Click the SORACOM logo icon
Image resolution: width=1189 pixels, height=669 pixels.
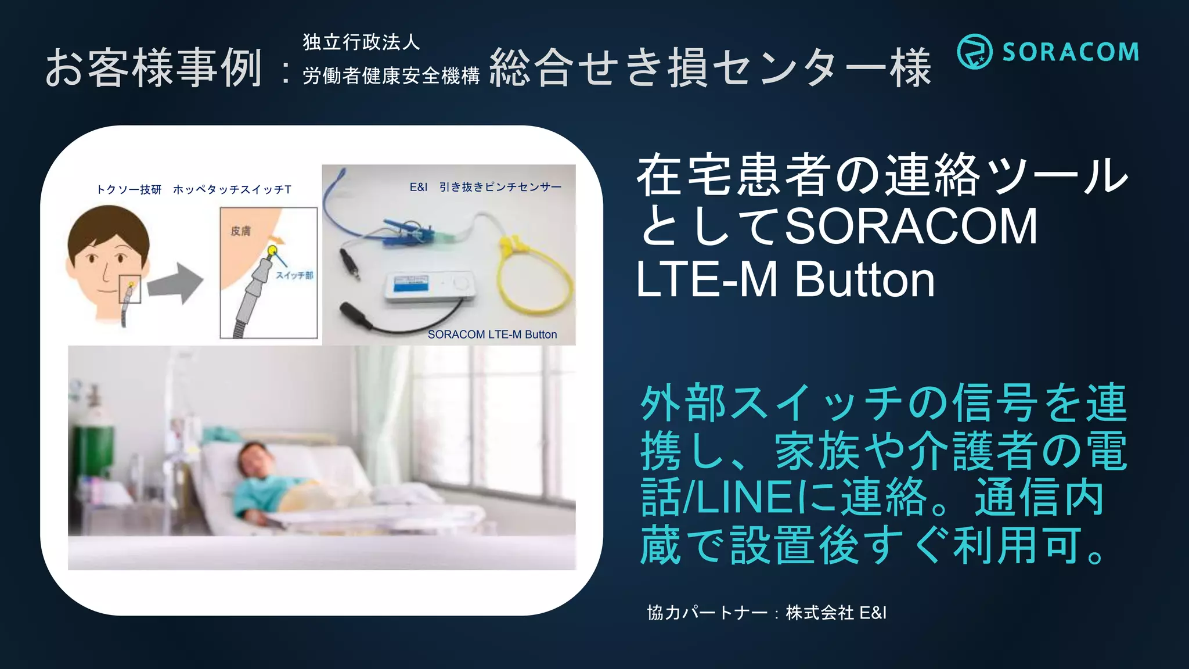[x=975, y=52]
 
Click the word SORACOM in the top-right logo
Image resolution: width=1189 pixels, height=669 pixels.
[x=1071, y=52]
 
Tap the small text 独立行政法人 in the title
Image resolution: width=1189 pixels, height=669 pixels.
[x=361, y=42]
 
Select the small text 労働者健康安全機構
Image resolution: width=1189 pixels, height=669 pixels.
[x=391, y=75]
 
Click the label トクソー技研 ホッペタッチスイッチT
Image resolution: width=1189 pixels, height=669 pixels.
[x=193, y=189]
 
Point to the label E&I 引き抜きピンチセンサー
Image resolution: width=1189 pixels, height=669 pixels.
[x=485, y=187]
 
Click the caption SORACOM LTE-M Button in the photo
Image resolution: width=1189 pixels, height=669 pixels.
[x=492, y=334]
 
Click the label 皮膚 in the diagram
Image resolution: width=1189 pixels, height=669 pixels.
[x=240, y=231]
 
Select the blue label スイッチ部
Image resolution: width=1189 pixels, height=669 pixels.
[x=294, y=275]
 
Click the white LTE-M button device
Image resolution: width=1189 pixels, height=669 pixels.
[x=429, y=287]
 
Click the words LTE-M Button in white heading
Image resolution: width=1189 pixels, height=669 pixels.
[x=785, y=280]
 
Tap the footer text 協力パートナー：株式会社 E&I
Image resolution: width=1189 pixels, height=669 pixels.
[x=766, y=613]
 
